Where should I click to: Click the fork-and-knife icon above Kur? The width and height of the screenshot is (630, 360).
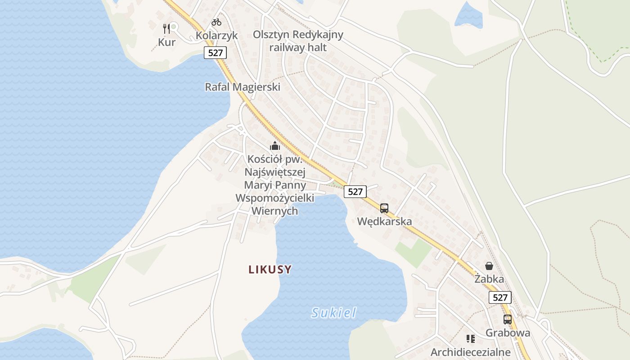point(166,28)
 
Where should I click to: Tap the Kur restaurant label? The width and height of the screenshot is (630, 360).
point(166,42)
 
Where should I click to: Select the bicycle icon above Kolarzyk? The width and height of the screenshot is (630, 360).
point(216,22)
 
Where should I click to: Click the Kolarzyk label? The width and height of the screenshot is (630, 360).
point(216,36)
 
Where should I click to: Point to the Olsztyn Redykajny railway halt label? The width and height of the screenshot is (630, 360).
point(298,41)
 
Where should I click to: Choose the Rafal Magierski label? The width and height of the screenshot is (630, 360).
point(243,87)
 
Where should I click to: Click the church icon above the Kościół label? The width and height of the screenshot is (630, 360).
point(274,146)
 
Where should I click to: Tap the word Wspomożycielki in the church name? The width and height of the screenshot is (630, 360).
point(274,198)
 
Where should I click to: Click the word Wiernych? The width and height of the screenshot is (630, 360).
point(274,211)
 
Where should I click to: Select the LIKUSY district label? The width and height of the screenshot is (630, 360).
point(270,270)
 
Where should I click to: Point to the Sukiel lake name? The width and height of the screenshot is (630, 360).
point(333,313)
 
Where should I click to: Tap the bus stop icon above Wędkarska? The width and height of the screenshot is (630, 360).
point(384,208)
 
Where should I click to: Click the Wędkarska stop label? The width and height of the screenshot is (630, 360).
point(384,221)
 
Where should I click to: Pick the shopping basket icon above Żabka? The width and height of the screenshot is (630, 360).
point(489,266)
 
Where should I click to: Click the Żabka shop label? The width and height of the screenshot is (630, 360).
point(489,279)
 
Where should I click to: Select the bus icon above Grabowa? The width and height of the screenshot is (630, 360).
point(508,319)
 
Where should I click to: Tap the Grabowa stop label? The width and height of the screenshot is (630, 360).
point(508,333)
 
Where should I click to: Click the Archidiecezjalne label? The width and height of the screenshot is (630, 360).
point(471,352)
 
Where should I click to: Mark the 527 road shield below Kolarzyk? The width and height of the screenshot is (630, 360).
point(216,53)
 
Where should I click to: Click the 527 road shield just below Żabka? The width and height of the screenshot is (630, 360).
point(500,297)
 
